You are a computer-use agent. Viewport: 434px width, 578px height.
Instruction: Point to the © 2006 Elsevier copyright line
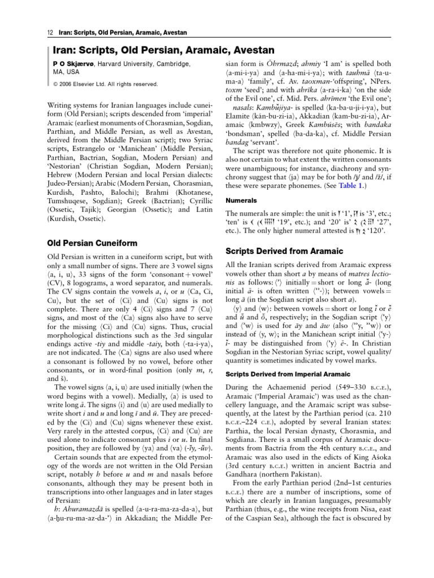tap(106, 84)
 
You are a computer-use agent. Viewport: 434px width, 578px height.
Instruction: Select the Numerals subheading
tap(241, 200)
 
